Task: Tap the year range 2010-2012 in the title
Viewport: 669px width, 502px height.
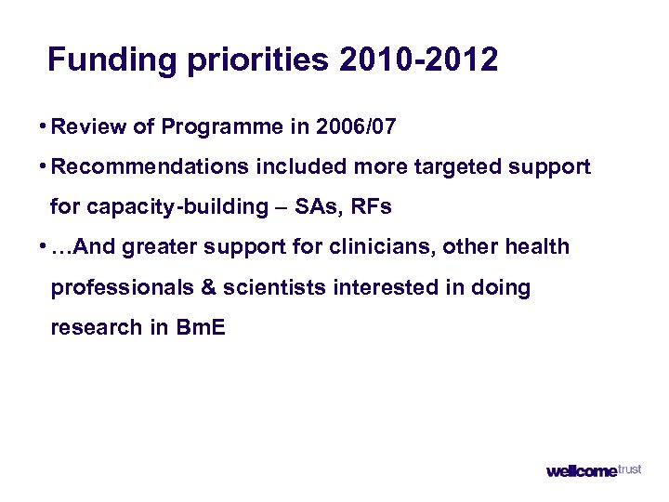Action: (418, 60)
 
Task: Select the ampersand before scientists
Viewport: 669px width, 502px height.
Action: (209, 288)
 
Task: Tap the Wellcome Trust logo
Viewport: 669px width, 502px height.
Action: (594, 470)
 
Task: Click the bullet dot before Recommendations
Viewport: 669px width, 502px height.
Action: (44, 165)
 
